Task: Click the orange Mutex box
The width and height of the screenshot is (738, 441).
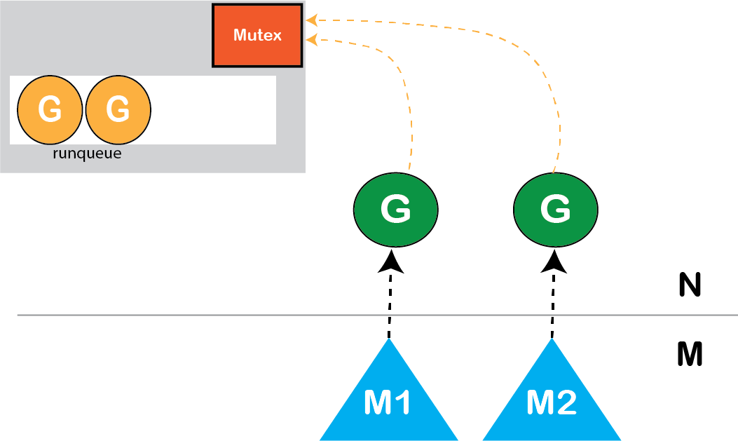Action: point(257,35)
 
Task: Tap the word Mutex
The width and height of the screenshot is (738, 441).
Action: point(257,34)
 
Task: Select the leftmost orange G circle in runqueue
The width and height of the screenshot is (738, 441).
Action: point(50,109)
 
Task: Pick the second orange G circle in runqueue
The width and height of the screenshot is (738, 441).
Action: point(118,109)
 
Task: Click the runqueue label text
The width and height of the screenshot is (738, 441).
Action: point(87,154)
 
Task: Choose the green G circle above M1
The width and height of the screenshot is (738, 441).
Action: point(396,210)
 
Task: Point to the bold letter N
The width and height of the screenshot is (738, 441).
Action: point(690,285)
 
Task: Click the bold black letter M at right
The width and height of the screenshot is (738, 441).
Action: point(690,355)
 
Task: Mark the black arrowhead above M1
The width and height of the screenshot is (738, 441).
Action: point(391,262)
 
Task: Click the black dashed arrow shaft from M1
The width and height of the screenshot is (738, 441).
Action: point(390,305)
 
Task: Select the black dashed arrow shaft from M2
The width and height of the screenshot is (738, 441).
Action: point(553,305)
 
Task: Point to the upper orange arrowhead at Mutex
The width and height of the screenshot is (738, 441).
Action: point(312,20)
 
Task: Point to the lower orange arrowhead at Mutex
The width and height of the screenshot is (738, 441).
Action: point(312,40)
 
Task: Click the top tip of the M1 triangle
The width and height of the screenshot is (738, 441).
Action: point(389,341)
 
